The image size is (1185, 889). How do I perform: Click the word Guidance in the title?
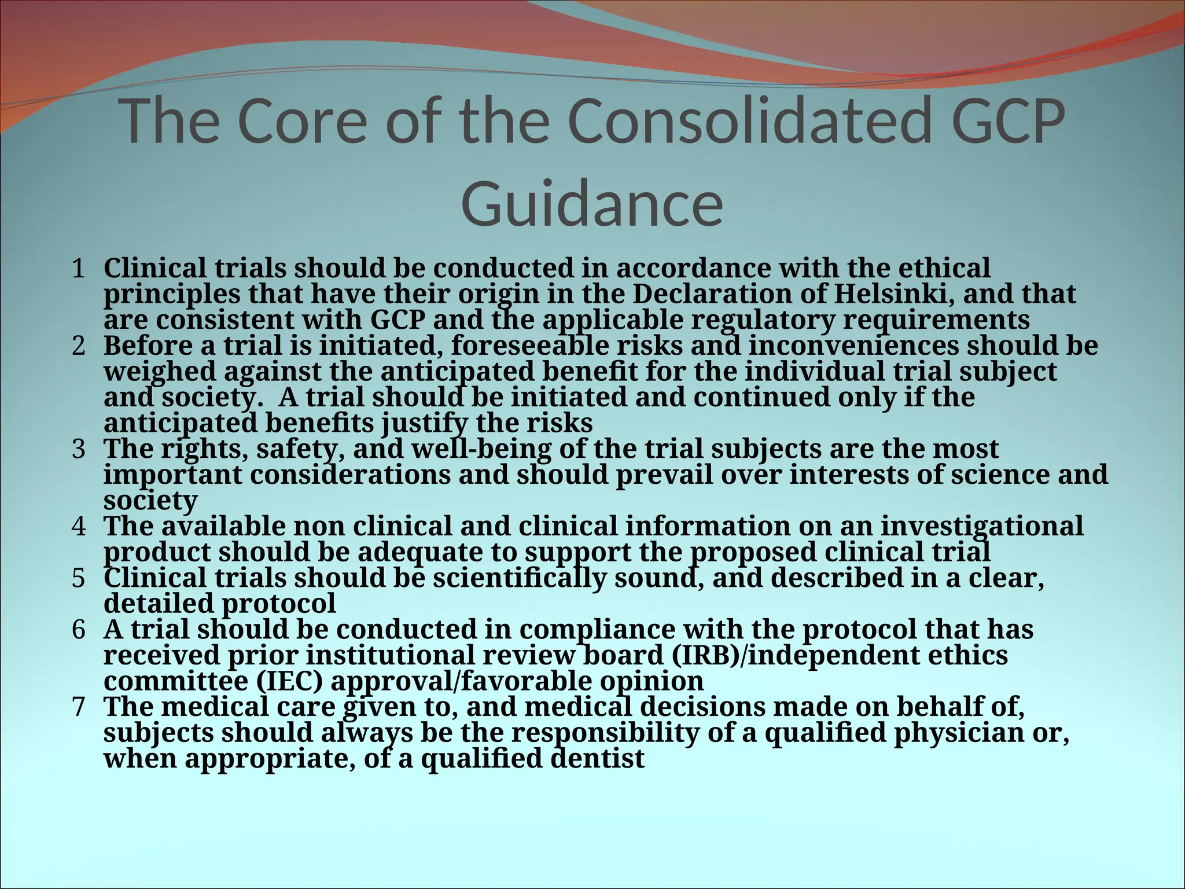pyautogui.click(x=592, y=204)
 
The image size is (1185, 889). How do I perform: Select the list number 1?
pyautogui.click(x=78, y=269)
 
